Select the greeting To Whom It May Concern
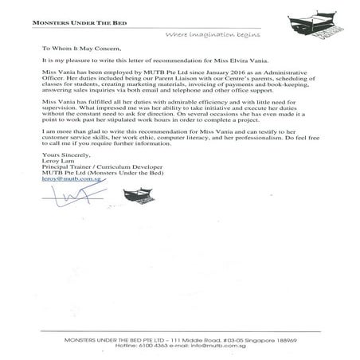[x=79, y=48]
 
